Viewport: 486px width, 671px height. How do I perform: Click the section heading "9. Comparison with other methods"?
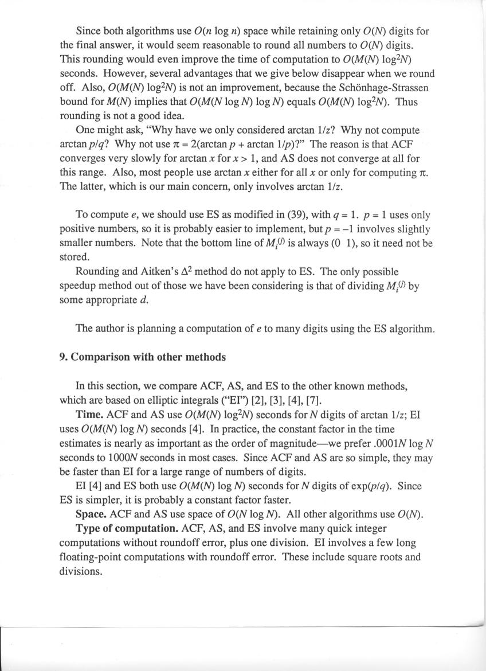(143, 357)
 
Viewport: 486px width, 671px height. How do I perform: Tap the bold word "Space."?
(92, 514)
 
